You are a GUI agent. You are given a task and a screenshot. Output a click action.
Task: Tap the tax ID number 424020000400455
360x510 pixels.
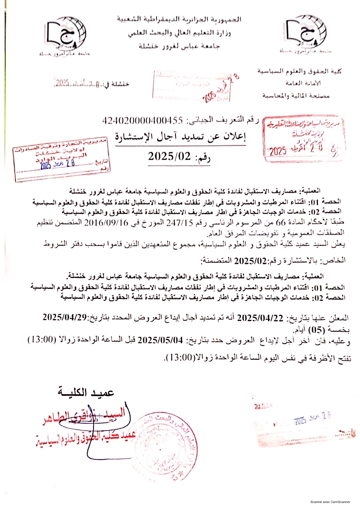pos(143,120)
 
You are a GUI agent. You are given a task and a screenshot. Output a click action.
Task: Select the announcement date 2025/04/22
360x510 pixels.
pos(260,318)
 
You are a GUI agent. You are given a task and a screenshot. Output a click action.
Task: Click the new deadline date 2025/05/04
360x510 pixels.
pos(160,340)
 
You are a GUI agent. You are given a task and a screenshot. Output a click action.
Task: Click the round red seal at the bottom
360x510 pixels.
pos(165,447)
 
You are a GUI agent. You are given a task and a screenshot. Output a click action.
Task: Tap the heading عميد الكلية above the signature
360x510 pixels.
pos(86,392)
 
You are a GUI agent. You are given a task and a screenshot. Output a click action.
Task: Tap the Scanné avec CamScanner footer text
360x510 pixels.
pos(330,502)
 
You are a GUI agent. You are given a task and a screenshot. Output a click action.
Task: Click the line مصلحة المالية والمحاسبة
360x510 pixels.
pos(296,96)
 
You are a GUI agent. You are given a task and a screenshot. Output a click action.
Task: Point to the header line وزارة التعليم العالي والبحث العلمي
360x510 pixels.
pos(179,33)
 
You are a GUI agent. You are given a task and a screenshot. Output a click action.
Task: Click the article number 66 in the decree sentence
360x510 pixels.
pos(281,223)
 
